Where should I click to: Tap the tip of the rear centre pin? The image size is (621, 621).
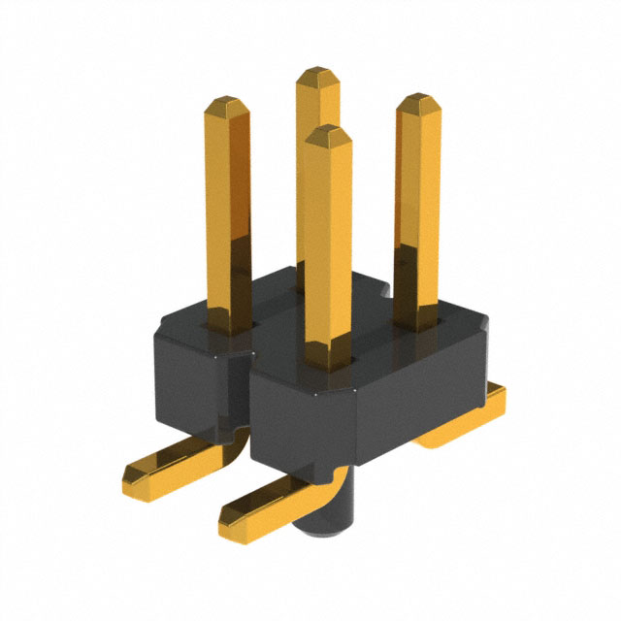(317, 75)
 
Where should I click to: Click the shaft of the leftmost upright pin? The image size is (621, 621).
(228, 213)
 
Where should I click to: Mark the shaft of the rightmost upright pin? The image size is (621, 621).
(417, 213)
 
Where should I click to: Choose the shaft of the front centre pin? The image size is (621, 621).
(327, 252)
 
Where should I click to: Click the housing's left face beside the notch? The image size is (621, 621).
(184, 378)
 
